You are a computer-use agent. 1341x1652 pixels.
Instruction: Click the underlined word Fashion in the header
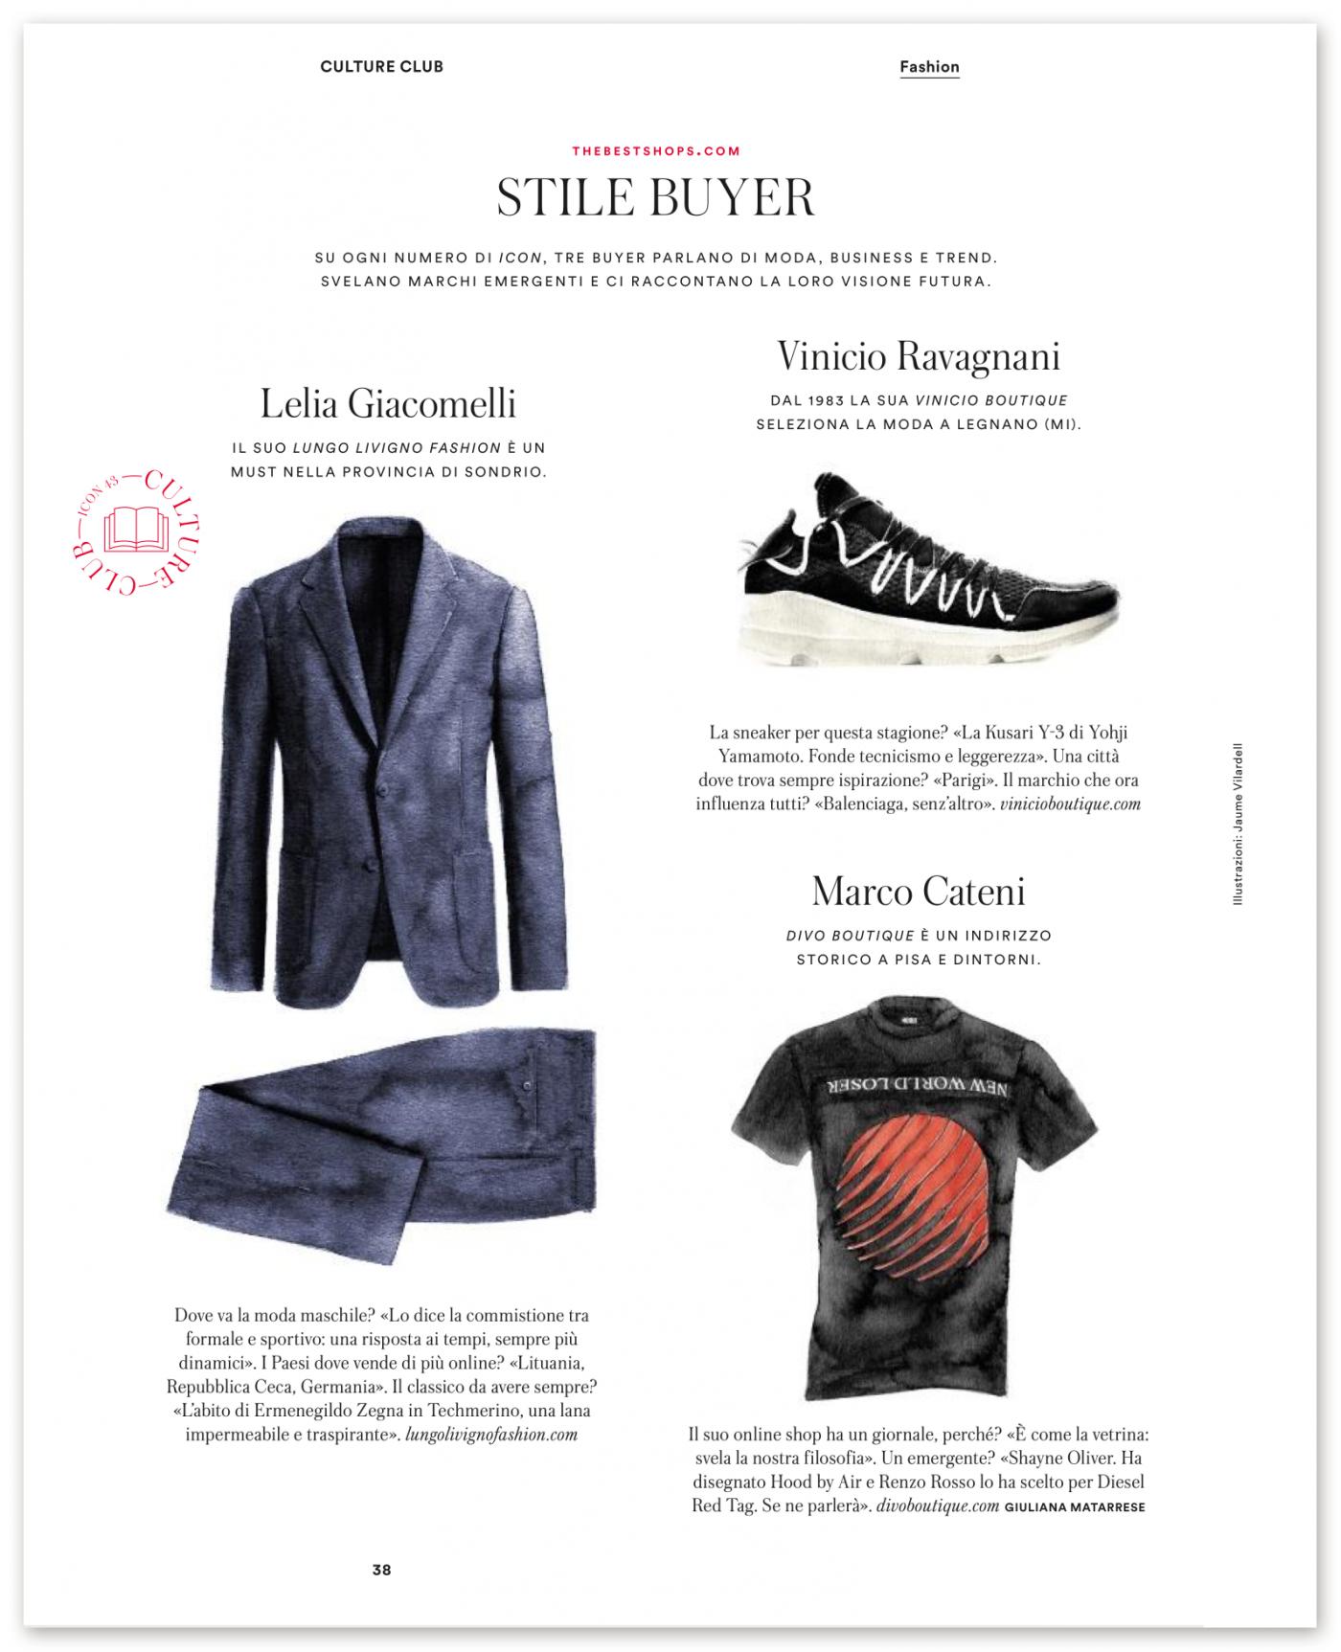(929, 67)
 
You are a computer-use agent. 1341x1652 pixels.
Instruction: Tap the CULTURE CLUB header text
(381, 67)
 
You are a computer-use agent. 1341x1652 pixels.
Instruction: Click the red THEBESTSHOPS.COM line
(656, 151)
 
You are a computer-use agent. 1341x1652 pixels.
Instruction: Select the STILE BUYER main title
(656, 197)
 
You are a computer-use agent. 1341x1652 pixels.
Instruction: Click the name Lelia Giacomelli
(388, 403)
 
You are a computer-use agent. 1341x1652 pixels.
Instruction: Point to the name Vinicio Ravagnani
(919, 357)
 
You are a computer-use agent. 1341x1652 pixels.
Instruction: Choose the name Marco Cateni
(919, 892)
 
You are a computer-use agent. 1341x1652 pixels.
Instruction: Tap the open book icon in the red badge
(135, 528)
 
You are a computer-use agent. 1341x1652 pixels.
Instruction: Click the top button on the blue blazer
(381, 787)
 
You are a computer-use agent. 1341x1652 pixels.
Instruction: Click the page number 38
(381, 1570)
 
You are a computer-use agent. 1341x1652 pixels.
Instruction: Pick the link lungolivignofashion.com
(491, 1435)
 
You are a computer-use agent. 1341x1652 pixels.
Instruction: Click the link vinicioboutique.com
(1070, 804)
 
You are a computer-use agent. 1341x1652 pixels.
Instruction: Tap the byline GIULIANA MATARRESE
(1075, 1507)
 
